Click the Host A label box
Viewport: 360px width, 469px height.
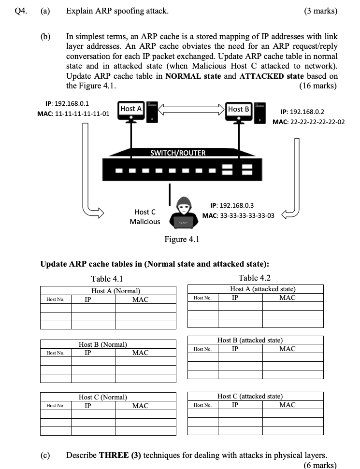click(131, 109)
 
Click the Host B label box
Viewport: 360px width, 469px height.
click(239, 109)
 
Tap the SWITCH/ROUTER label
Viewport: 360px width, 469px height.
click(178, 153)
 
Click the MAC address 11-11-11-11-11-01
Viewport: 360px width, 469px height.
click(73, 114)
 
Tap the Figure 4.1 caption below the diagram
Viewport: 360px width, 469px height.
click(182, 239)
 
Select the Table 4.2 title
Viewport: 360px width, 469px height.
click(255, 278)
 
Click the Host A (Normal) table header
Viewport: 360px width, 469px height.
click(116, 291)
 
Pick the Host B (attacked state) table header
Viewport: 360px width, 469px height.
click(250, 341)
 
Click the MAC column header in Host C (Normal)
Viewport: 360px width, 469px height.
click(140, 406)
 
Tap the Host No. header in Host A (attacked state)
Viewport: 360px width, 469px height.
click(202, 298)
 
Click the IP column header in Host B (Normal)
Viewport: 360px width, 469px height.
click(87, 353)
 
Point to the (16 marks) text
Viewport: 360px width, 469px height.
click(319, 86)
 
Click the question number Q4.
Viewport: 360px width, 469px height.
click(15, 11)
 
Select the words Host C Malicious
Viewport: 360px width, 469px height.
click(145, 216)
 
